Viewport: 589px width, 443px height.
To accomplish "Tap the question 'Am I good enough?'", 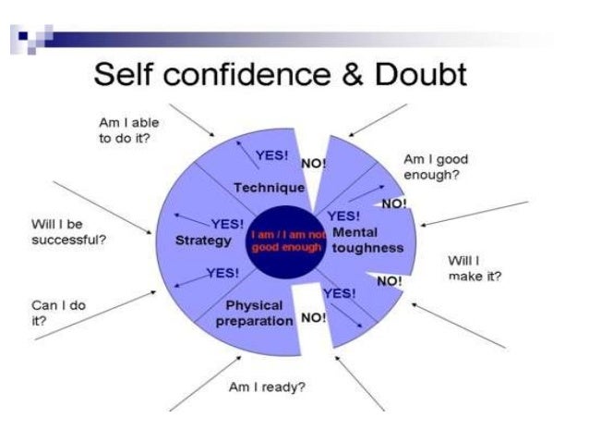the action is pos(432,166).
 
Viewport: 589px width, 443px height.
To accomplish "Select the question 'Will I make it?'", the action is pos(472,268).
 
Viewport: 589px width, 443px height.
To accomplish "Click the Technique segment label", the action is pos(269,188).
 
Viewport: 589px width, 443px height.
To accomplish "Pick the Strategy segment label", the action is pos(202,240).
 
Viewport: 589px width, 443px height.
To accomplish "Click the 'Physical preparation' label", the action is pos(253,313).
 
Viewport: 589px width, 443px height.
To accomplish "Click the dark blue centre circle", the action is pos(286,241).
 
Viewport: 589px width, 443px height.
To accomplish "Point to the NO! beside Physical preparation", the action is pos(314,317).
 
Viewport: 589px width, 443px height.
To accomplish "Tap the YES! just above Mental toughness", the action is pos(343,216).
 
